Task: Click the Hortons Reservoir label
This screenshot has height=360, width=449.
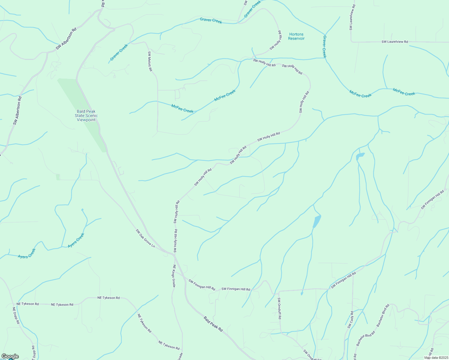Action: tap(296, 36)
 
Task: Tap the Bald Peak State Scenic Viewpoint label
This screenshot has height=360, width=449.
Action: tap(86, 115)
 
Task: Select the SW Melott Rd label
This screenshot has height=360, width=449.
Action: tap(150, 61)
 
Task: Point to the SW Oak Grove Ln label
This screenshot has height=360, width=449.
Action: tap(145, 238)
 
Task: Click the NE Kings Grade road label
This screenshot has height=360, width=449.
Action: tap(174, 276)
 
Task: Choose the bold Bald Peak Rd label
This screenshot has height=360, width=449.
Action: tap(213, 324)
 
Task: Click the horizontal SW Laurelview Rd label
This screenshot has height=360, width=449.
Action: tap(395, 42)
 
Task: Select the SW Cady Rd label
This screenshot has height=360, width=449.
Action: tap(351, 319)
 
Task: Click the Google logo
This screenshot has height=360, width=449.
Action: tap(10, 356)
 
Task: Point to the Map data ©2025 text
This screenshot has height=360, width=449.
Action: tap(436, 358)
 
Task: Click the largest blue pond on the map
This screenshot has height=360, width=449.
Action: tap(317, 221)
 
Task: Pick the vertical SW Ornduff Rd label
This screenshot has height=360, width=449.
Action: tap(279, 308)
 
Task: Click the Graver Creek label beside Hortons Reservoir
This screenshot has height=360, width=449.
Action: tap(324, 46)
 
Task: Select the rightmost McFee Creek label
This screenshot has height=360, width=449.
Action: tap(404, 92)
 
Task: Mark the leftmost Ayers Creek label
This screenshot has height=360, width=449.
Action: tap(27, 254)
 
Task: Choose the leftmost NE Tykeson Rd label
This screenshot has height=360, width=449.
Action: tap(28, 304)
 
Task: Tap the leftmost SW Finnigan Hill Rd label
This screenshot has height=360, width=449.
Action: tap(202, 285)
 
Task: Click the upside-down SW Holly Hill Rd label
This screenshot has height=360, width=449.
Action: tap(276, 40)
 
